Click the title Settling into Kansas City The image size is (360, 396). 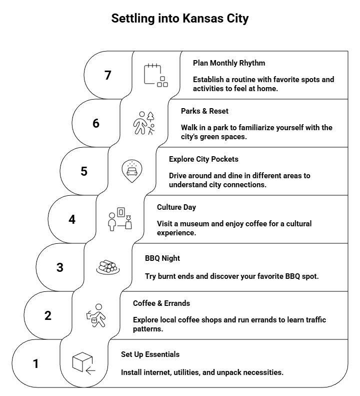coord(180,19)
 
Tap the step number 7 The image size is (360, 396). coord(107,75)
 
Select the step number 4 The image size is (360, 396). coord(72,219)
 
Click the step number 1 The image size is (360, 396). coord(35,364)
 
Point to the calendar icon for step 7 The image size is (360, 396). coord(155,75)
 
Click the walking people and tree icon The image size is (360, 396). coord(144,123)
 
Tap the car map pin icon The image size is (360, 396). coord(132,171)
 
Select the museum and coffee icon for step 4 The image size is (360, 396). coord(120,219)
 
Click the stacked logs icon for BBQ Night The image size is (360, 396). coord(107,267)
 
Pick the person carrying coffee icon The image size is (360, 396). coord(95,315)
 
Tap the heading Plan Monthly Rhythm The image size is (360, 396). coord(229,63)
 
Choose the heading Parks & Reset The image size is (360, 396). coord(205,111)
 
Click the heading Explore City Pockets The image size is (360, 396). coord(203,159)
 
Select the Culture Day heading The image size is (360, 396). coord(176,207)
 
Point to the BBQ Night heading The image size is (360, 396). coord(162,258)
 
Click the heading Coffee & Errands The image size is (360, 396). coord(161,303)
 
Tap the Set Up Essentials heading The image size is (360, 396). coord(150,354)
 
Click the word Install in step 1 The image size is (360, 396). coord(131,372)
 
